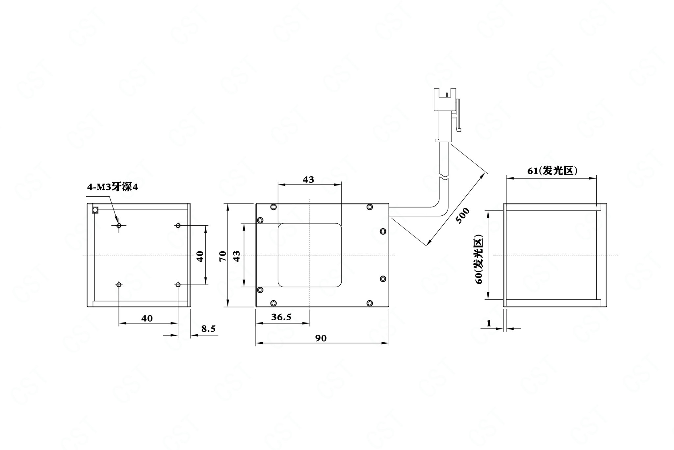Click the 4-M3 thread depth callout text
point(113,187)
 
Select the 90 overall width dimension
point(321,338)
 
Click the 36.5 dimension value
point(281,317)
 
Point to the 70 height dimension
point(222,256)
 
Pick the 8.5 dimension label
point(208,328)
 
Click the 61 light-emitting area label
point(552,171)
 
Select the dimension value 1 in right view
point(489,323)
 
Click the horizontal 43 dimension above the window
point(308,180)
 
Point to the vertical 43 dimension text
point(236,256)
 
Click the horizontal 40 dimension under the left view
point(147,318)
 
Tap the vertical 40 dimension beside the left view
point(199,256)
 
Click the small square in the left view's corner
point(95,210)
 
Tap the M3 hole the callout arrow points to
point(119,225)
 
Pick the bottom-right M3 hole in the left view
point(178,284)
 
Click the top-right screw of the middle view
point(370,207)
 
